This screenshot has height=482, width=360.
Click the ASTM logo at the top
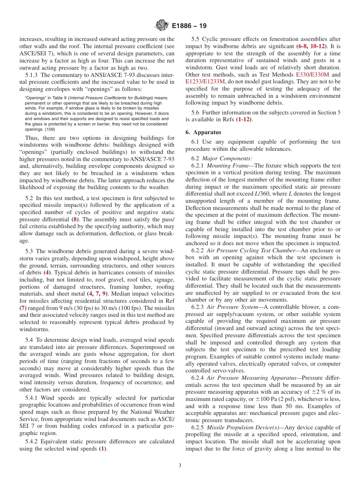coord(162,26)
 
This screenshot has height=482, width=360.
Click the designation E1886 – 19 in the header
coord(189,26)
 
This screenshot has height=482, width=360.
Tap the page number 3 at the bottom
coord(180,465)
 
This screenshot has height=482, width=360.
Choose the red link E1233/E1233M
coord(205,81)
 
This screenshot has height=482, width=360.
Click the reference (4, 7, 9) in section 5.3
coord(97,293)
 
